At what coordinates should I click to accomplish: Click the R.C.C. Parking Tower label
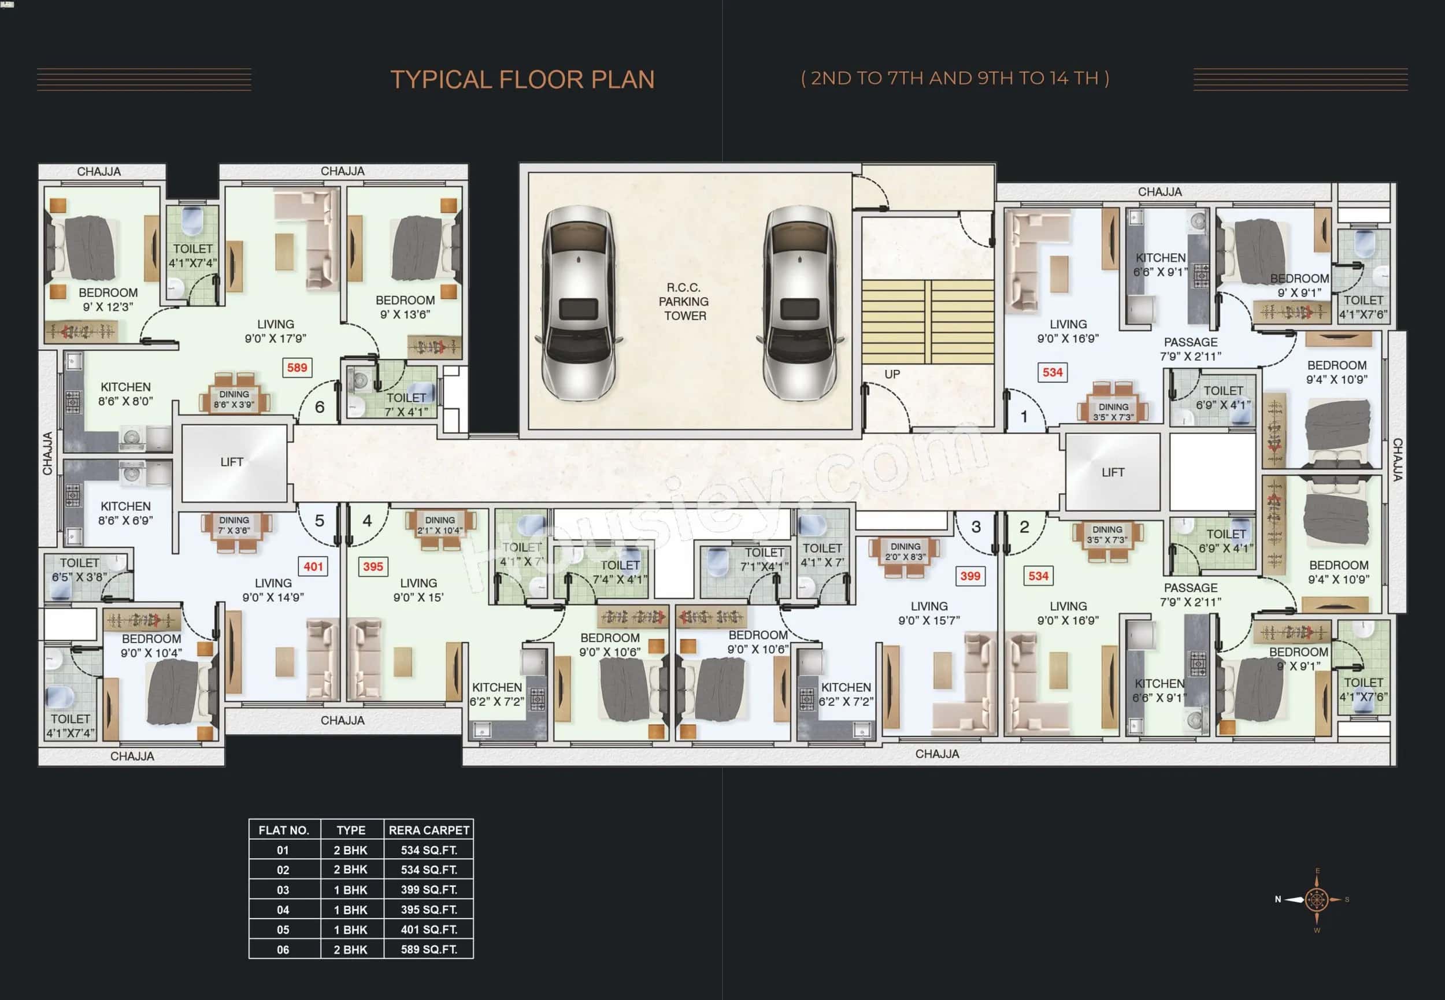pyautogui.click(x=684, y=301)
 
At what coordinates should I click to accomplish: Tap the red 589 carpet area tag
pyautogui.click(x=297, y=368)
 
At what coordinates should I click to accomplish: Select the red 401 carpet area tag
pyautogui.click(x=313, y=566)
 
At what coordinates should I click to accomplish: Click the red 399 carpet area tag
pyautogui.click(x=970, y=576)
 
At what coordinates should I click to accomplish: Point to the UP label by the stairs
pyautogui.click(x=892, y=374)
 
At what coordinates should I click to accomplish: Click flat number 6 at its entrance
pyautogui.click(x=320, y=408)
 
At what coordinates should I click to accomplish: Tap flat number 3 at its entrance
pyautogui.click(x=976, y=527)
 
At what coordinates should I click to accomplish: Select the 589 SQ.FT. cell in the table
pyautogui.click(x=428, y=949)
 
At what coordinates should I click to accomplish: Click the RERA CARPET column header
pyautogui.click(x=428, y=830)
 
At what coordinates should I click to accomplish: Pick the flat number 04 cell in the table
pyautogui.click(x=283, y=910)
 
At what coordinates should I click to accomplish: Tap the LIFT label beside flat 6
pyautogui.click(x=232, y=462)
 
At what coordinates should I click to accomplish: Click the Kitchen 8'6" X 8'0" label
pyautogui.click(x=125, y=394)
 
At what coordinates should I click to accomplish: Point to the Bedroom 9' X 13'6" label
pyautogui.click(x=405, y=307)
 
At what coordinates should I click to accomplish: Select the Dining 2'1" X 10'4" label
pyautogui.click(x=440, y=525)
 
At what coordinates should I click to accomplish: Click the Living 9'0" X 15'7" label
pyautogui.click(x=929, y=613)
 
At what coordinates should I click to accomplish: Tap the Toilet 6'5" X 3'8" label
pyautogui.click(x=79, y=569)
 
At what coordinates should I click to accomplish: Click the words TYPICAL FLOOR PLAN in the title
pyautogui.click(x=523, y=80)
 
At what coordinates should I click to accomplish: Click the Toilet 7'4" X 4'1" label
pyautogui.click(x=620, y=572)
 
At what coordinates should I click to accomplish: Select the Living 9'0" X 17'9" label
pyautogui.click(x=275, y=331)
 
